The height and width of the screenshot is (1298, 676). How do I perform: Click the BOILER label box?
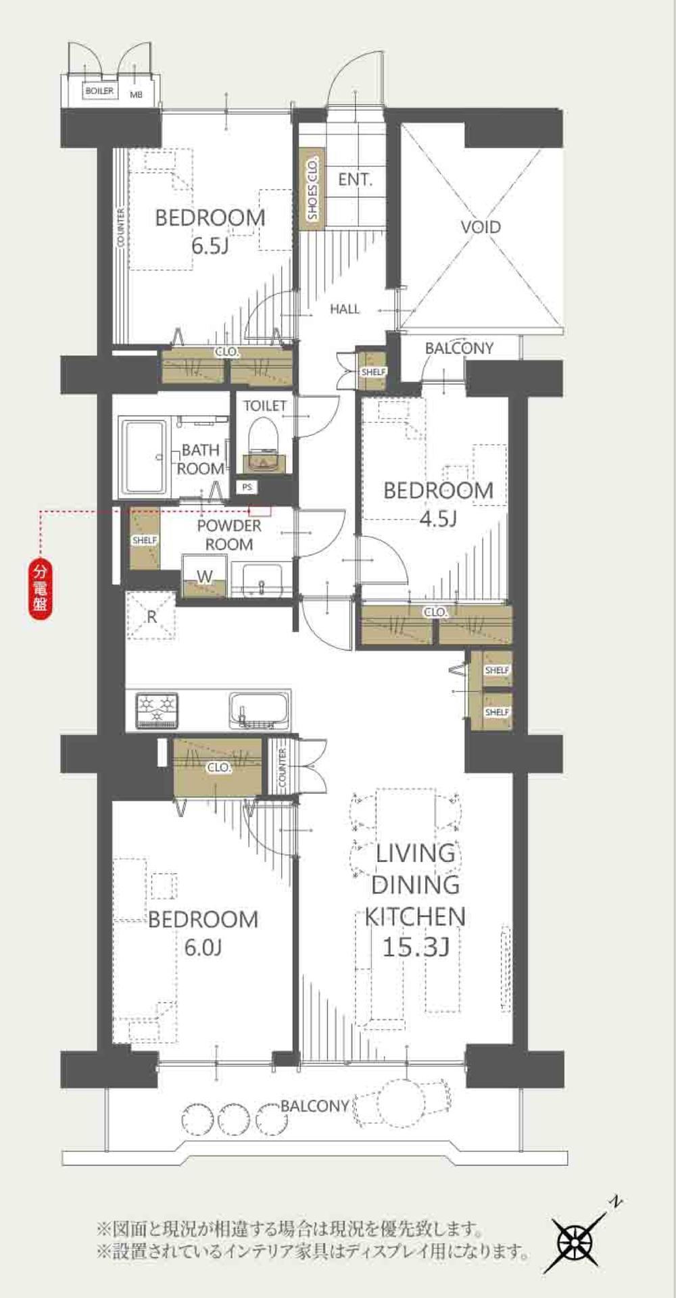[99, 91]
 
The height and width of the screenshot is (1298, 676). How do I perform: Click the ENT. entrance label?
[356, 180]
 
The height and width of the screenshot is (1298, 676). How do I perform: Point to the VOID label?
[481, 226]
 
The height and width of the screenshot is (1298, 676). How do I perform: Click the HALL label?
[345, 309]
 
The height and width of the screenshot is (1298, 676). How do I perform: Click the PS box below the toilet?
[247, 486]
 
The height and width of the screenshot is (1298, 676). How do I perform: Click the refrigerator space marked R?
[151, 615]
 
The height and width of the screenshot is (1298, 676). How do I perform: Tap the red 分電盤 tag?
[40, 589]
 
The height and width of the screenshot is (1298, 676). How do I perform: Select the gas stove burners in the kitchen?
[157, 710]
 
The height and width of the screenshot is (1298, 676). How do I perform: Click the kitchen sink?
[259, 710]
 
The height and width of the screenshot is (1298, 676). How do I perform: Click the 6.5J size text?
[210, 245]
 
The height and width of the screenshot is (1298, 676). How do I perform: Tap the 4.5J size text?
[439, 518]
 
